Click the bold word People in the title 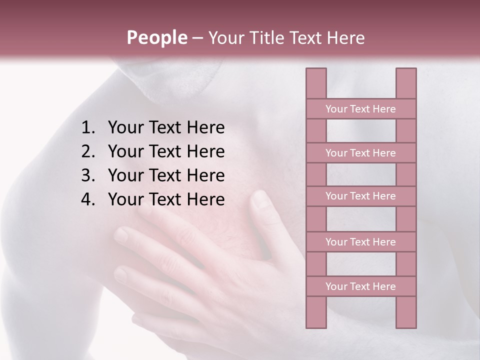156,38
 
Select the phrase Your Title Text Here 286,38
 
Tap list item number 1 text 166,128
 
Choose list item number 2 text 166,151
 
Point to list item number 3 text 166,175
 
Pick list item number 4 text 166,199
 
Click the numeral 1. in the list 89,128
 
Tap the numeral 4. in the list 89,199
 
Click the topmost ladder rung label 360,109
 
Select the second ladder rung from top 360,153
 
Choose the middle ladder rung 360,196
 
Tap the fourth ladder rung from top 360,242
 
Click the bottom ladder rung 360,286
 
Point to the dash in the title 197,38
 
